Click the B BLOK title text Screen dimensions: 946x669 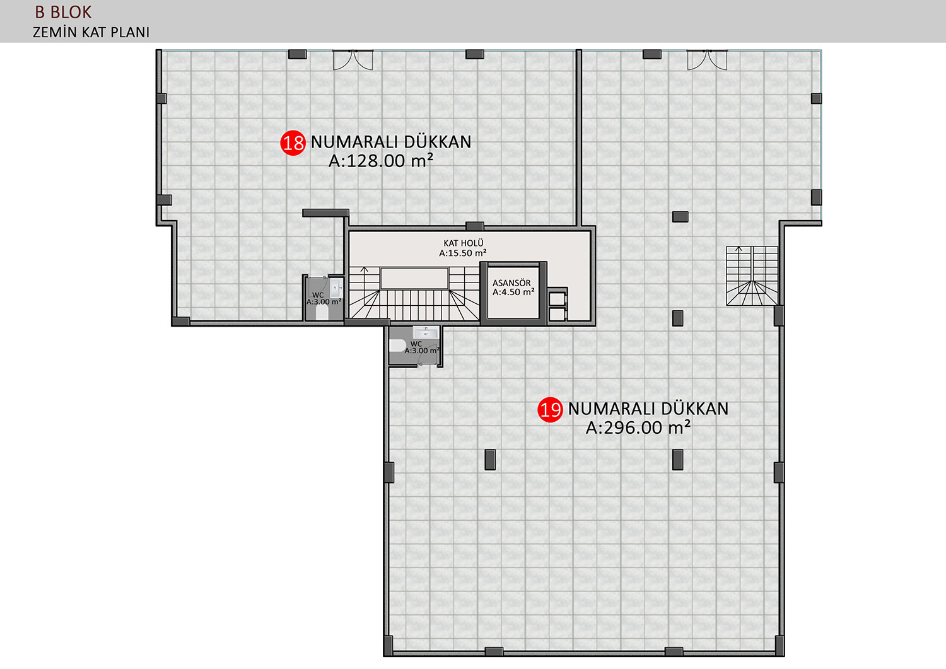(x=63, y=12)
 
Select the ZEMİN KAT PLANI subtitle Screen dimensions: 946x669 (x=91, y=33)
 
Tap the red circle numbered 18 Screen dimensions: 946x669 (x=293, y=143)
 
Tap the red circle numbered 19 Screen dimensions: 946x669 (x=550, y=409)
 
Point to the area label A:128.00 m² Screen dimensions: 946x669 (x=381, y=161)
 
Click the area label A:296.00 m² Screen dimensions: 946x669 (x=638, y=428)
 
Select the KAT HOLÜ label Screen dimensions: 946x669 (x=464, y=243)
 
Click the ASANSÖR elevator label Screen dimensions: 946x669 (x=511, y=283)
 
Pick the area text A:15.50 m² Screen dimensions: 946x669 (x=463, y=253)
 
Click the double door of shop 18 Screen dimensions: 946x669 (x=353, y=60)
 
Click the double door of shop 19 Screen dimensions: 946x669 (x=708, y=60)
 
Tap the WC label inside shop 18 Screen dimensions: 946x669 (x=318, y=295)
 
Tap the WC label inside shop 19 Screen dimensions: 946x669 (x=416, y=344)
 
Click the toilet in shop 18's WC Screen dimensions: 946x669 (x=322, y=313)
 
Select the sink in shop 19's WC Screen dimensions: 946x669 (x=426, y=333)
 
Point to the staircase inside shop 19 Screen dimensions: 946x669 (x=752, y=276)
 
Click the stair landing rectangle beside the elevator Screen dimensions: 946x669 (x=414, y=278)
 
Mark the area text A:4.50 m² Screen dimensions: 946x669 (x=513, y=292)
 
